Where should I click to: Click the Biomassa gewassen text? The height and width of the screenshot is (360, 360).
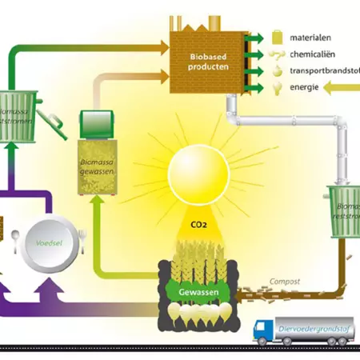pos(101,166)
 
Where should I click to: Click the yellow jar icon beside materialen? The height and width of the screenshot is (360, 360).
pos(278,37)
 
